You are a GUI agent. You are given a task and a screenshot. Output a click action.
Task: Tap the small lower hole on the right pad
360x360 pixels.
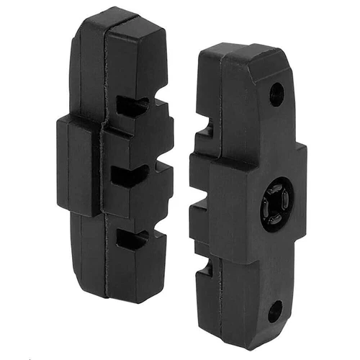(x=275, y=311)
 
